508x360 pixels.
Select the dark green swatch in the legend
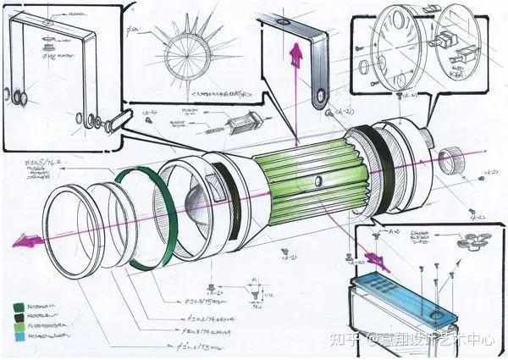click(x=19, y=307)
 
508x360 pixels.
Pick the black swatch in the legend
click(x=19, y=318)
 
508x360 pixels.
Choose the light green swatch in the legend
click(x=19, y=328)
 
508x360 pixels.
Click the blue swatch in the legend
click(x=19, y=338)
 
